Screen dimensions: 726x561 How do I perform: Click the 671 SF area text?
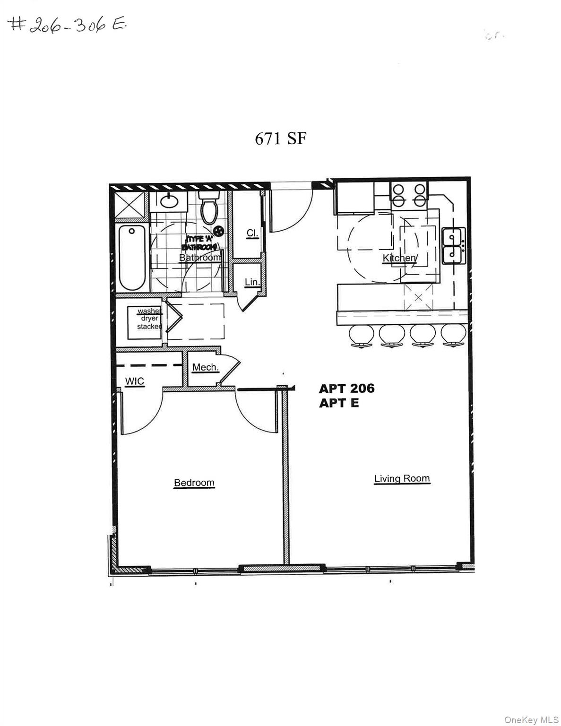(281, 139)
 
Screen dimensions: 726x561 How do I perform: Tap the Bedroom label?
(194, 483)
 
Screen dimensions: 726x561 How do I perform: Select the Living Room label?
(402, 478)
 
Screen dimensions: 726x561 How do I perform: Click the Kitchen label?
(399, 258)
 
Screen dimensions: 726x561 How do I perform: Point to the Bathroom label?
(199, 258)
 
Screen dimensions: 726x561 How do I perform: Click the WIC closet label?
(134, 381)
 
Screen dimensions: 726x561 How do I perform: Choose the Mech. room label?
(205, 367)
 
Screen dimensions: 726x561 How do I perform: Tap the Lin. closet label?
(252, 282)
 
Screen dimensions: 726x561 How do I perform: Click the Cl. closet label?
(252, 233)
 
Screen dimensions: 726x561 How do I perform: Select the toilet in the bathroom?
(208, 208)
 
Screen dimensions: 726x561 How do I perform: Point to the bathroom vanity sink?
(168, 201)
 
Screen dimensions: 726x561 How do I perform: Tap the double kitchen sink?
(454, 246)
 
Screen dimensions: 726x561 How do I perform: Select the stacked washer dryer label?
(149, 319)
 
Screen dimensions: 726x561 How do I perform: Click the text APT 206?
(346, 389)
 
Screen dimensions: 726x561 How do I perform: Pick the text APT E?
(339, 403)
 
